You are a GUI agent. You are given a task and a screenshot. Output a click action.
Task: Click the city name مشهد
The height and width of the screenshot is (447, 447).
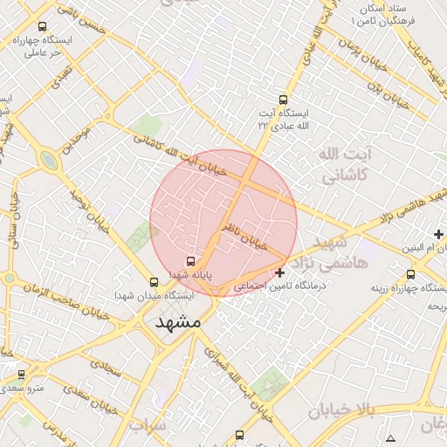point(178,322)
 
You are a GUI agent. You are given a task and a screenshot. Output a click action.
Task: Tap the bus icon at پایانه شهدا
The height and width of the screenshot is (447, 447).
point(190,261)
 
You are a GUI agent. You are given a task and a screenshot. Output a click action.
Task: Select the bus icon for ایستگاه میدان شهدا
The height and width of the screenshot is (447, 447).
point(155,282)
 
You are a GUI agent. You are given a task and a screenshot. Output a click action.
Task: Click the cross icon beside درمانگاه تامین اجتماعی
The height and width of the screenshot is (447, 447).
point(279,273)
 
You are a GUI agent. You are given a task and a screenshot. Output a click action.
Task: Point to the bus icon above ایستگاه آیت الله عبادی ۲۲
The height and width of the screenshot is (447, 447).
point(282,100)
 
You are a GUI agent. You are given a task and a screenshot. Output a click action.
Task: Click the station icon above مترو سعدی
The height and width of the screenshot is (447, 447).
point(21,374)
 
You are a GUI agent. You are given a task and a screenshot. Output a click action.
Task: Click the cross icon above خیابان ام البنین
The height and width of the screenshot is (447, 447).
point(438,234)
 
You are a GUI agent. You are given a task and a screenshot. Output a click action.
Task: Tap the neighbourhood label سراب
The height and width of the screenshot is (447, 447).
point(148,426)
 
